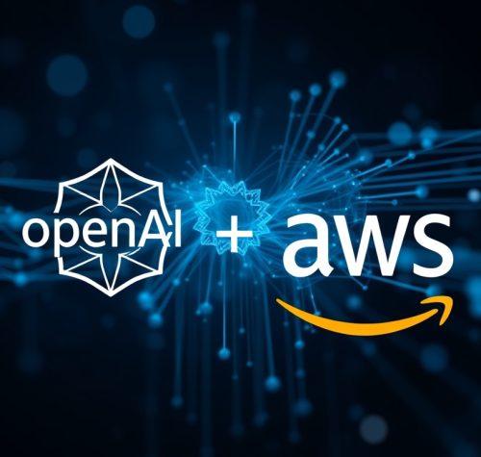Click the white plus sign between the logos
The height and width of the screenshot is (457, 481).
[235, 236]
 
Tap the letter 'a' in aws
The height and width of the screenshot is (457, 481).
[305, 245]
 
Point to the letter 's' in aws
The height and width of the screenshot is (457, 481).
[429, 245]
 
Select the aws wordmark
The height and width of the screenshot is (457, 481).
[367, 245]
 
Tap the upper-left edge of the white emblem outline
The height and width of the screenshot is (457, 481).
[85, 171]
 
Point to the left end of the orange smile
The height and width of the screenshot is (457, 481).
[278, 300]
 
